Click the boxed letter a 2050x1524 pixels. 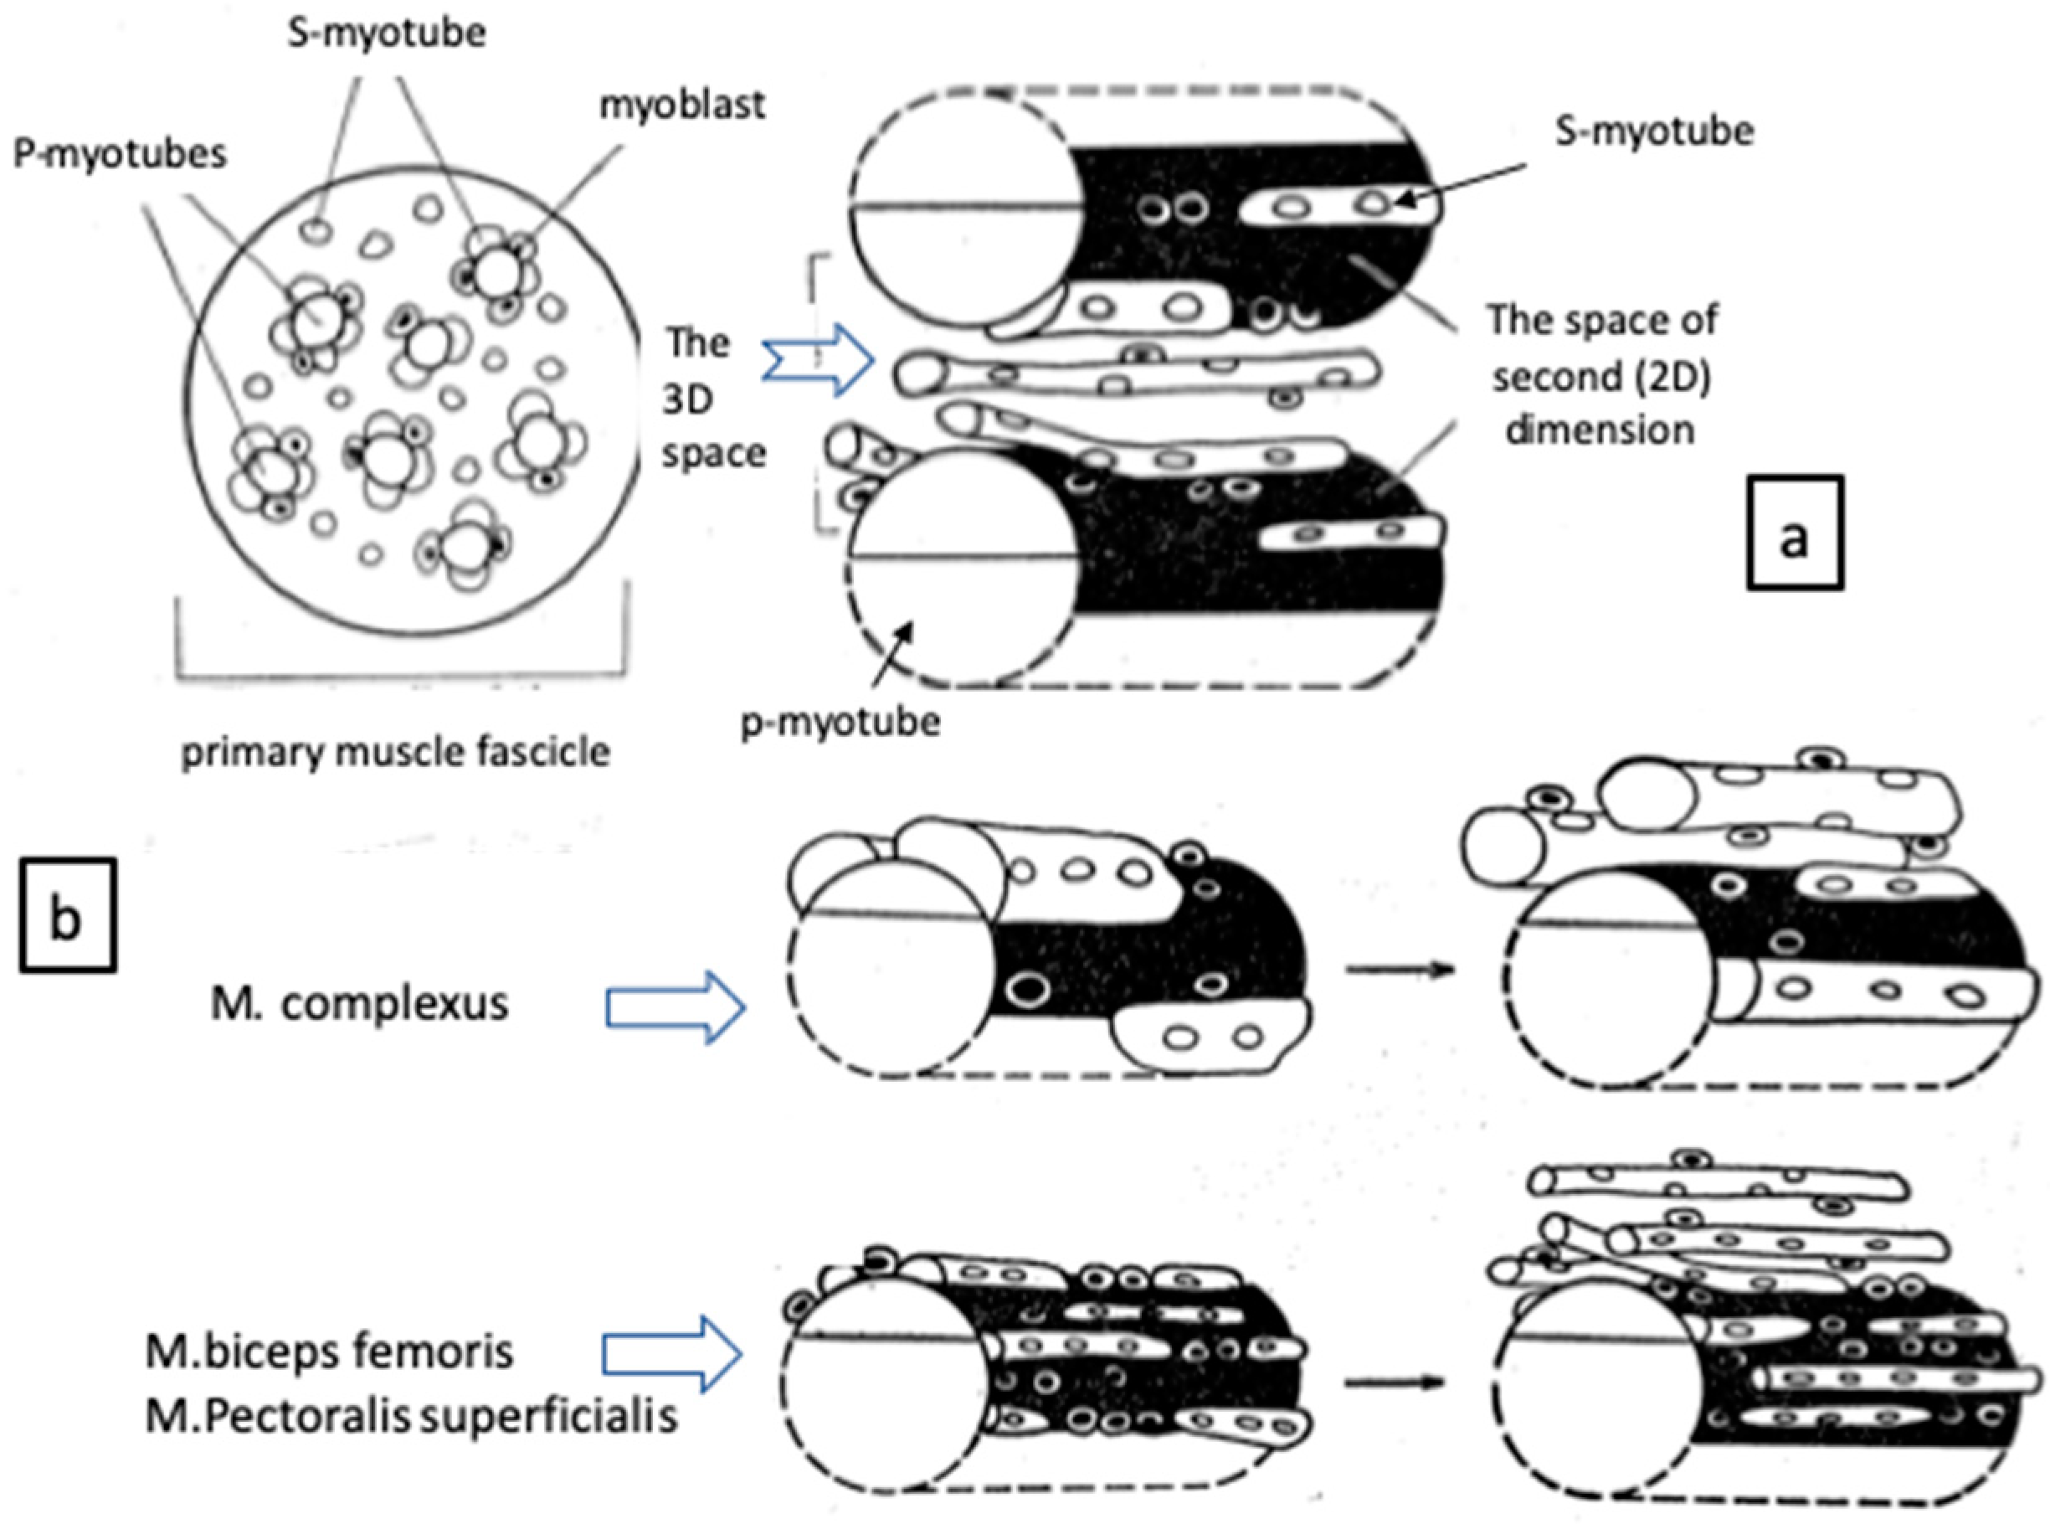click(x=1794, y=534)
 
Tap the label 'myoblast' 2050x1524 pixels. click(x=681, y=104)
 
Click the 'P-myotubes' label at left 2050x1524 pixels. click(x=120, y=153)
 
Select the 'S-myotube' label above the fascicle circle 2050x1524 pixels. click(x=387, y=34)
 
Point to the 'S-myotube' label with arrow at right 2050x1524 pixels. click(x=1653, y=131)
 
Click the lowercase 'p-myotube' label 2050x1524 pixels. click(x=840, y=722)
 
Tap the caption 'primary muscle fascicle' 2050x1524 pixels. click(x=396, y=752)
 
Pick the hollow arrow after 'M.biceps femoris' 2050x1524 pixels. click(x=672, y=1353)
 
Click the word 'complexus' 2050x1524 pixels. click(x=395, y=1004)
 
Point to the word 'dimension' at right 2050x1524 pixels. click(x=1600, y=430)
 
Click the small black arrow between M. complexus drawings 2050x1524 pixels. click(x=1398, y=970)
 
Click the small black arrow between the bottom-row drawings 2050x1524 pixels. click(x=1393, y=1382)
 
